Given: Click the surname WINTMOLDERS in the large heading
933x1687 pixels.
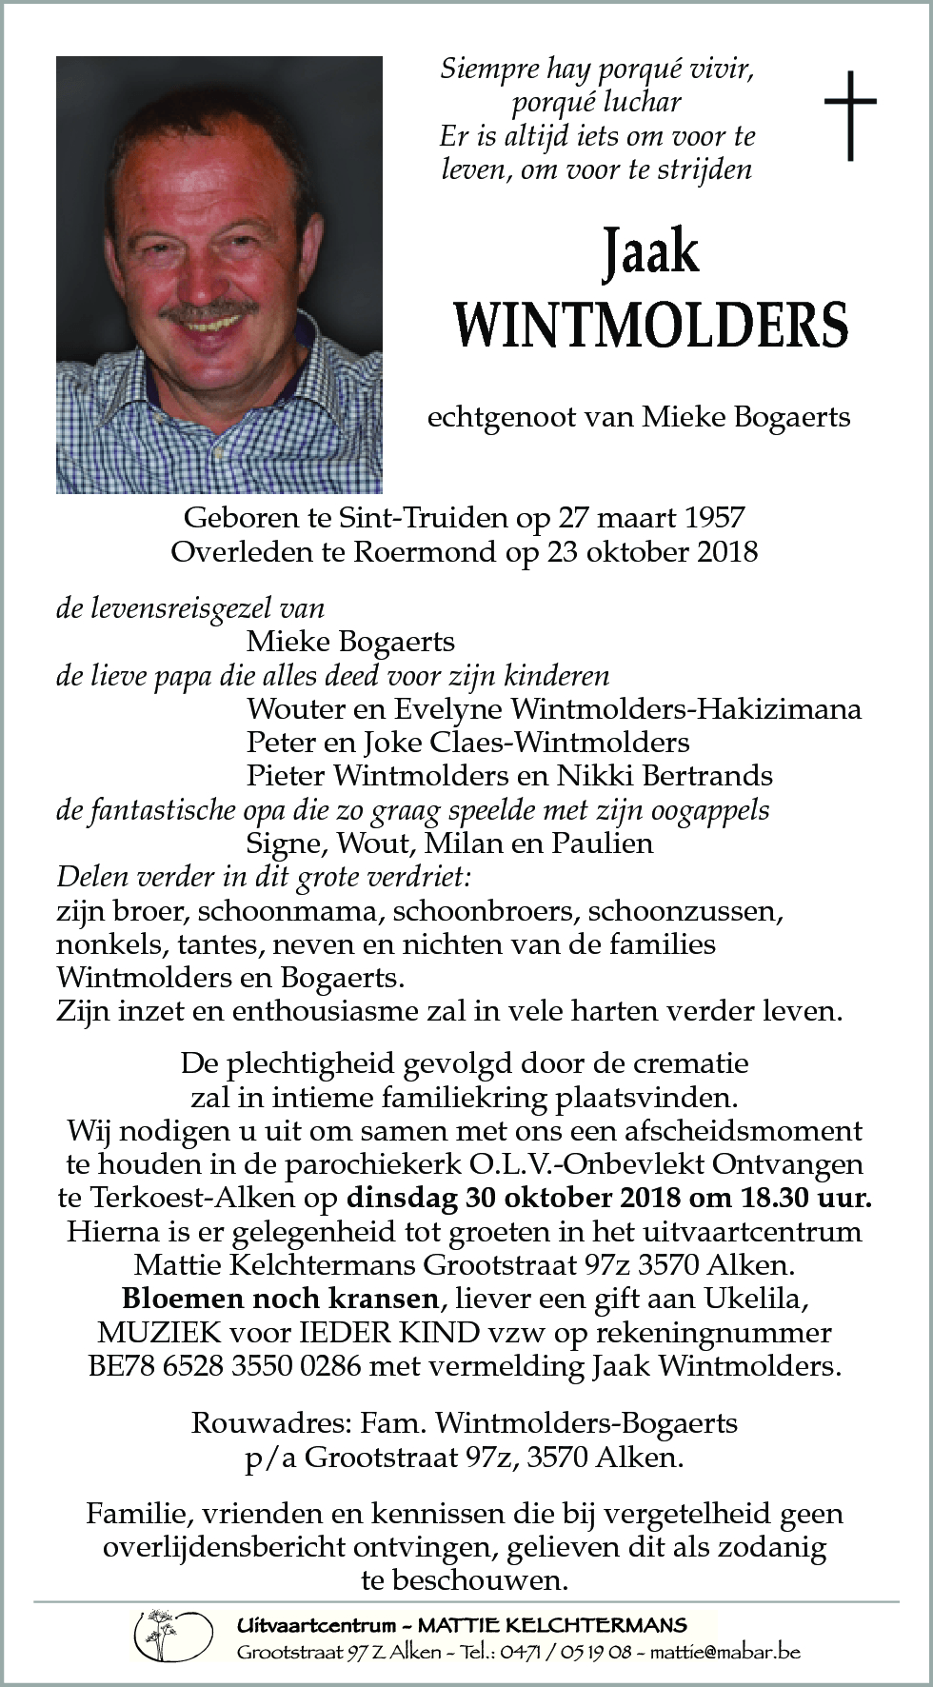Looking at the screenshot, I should pos(651,325).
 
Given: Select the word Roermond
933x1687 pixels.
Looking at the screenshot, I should pos(429,551).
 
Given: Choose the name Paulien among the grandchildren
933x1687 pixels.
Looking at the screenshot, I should pos(606,842).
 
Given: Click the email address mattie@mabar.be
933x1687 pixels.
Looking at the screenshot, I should pos(724,1651).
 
